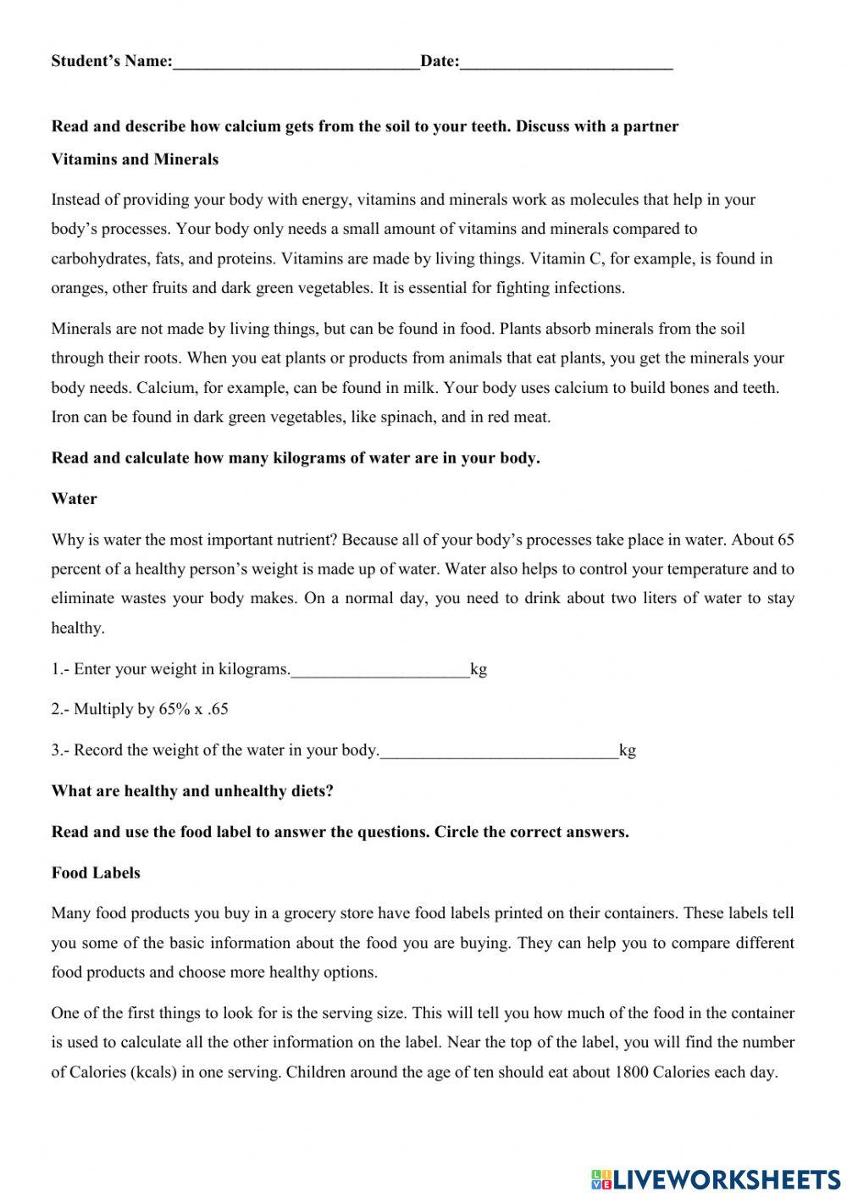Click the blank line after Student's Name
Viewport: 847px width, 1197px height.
tap(296, 62)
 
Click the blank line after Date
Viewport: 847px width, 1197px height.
tap(566, 62)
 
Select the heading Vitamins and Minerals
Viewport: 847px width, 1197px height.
tap(135, 159)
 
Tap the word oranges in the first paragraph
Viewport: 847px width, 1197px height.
tap(77, 288)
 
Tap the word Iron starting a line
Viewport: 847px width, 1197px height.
tap(64, 417)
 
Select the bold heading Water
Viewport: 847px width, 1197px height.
tap(74, 499)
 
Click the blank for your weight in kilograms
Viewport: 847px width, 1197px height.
tap(379, 669)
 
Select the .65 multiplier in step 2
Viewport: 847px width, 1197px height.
tap(218, 710)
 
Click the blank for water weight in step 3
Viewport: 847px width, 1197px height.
tap(499, 751)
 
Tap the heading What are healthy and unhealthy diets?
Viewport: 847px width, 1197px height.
tap(192, 791)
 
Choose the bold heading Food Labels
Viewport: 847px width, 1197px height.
tap(96, 873)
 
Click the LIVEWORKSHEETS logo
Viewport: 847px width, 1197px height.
tap(715, 1178)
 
